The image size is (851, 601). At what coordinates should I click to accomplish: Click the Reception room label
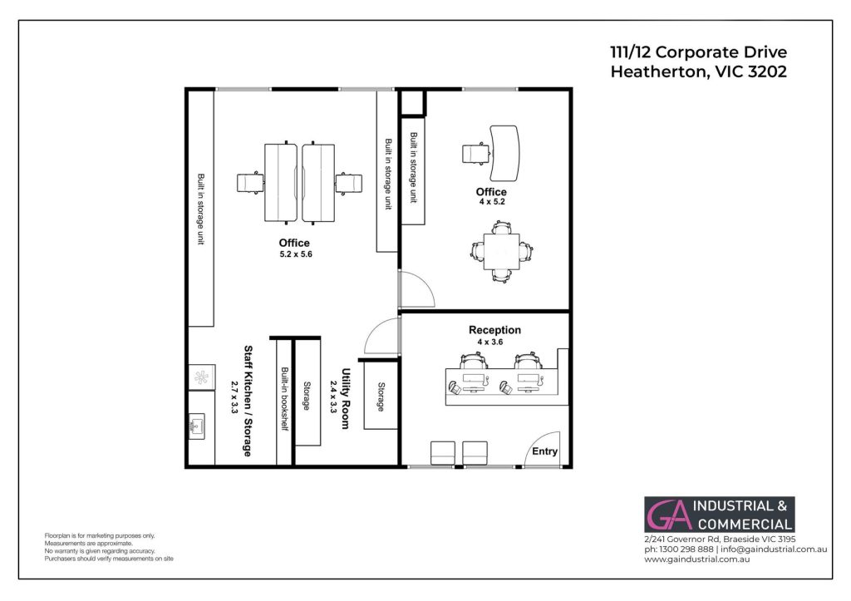pyautogui.click(x=494, y=330)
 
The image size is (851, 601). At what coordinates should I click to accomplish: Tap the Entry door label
pyautogui.click(x=544, y=451)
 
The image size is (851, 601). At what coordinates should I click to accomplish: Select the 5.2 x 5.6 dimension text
pyautogui.click(x=296, y=254)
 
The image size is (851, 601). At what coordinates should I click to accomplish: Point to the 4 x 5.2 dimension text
pyautogui.click(x=492, y=201)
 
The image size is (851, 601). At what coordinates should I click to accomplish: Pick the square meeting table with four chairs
pyautogui.click(x=501, y=251)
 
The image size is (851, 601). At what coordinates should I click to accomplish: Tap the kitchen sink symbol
pyautogui.click(x=196, y=426)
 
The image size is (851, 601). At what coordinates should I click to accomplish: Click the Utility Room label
pyautogui.click(x=345, y=398)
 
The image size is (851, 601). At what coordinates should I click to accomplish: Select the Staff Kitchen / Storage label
pyautogui.click(x=248, y=401)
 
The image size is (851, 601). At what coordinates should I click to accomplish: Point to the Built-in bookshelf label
pyautogui.click(x=284, y=399)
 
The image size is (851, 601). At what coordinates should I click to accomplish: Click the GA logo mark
pyautogui.click(x=669, y=515)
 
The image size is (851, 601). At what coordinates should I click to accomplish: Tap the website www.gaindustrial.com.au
pyautogui.click(x=697, y=559)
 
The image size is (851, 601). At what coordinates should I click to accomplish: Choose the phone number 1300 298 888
pyautogui.click(x=686, y=549)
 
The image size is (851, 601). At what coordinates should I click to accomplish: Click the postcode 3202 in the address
pyautogui.click(x=767, y=71)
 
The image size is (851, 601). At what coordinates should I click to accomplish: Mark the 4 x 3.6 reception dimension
pyautogui.click(x=490, y=342)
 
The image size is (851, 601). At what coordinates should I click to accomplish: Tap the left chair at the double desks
pyautogui.click(x=250, y=183)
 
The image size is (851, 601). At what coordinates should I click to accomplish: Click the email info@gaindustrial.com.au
pyautogui.click(x=774, y=549)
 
